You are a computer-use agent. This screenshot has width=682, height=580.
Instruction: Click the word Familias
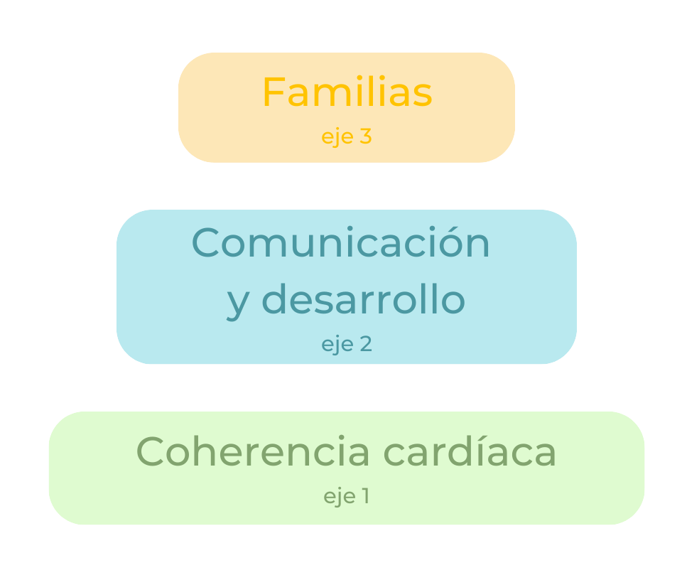[x=347, y=92]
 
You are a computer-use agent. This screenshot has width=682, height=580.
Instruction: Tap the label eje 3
[x=347, y=136]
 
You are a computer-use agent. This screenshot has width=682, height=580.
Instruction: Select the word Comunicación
[x=341, y=243]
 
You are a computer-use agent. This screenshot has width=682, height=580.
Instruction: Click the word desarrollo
[x=368, y=299]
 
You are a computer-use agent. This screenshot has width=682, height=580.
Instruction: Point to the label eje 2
[x=347, y=344]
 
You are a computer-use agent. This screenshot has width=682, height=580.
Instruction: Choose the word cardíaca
[x=470, y=451]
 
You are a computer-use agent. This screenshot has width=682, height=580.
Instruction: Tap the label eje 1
[x=347, y=496]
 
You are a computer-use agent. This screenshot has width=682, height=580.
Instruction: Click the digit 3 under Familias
[x=365, y=136]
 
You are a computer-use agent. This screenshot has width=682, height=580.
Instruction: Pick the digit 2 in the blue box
[x=365, y=344]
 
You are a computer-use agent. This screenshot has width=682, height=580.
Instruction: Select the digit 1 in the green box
[x=365, y=496]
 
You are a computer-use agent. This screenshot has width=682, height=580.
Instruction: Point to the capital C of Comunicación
[x=207, y=243]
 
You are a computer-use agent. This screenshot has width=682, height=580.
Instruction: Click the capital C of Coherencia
[x=152, y=451]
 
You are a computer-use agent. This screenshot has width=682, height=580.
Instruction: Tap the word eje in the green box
[x=339, y=497]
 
